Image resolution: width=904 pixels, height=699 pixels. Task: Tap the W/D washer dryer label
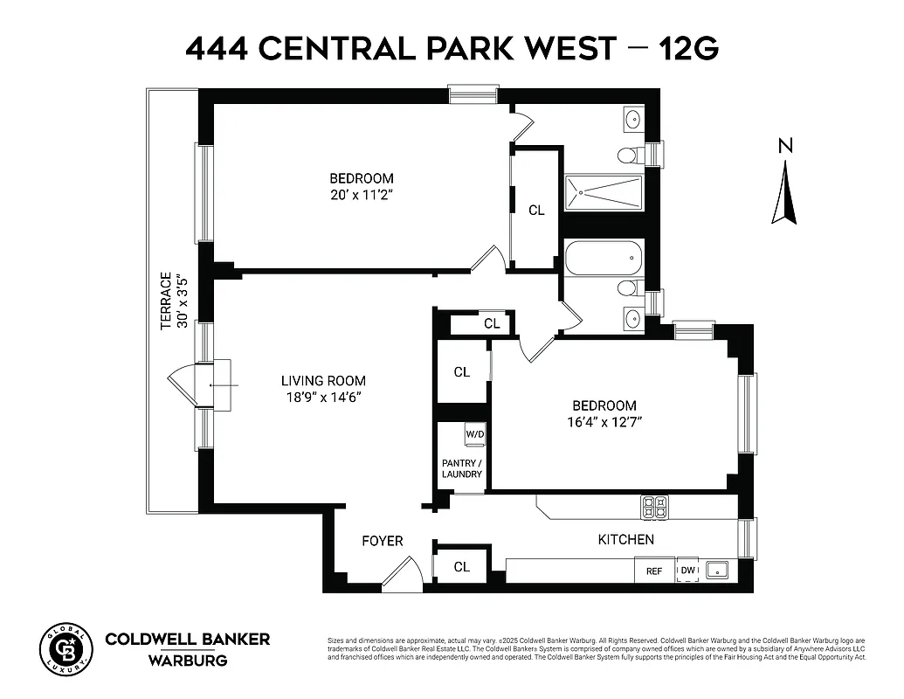474,434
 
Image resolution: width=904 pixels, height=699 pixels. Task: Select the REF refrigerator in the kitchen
654,571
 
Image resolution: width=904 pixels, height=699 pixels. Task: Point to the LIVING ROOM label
323,381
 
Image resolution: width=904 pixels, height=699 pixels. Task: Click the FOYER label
383,541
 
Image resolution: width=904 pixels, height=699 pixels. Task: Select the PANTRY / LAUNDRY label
461,468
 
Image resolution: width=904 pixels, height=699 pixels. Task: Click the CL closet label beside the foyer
461,567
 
